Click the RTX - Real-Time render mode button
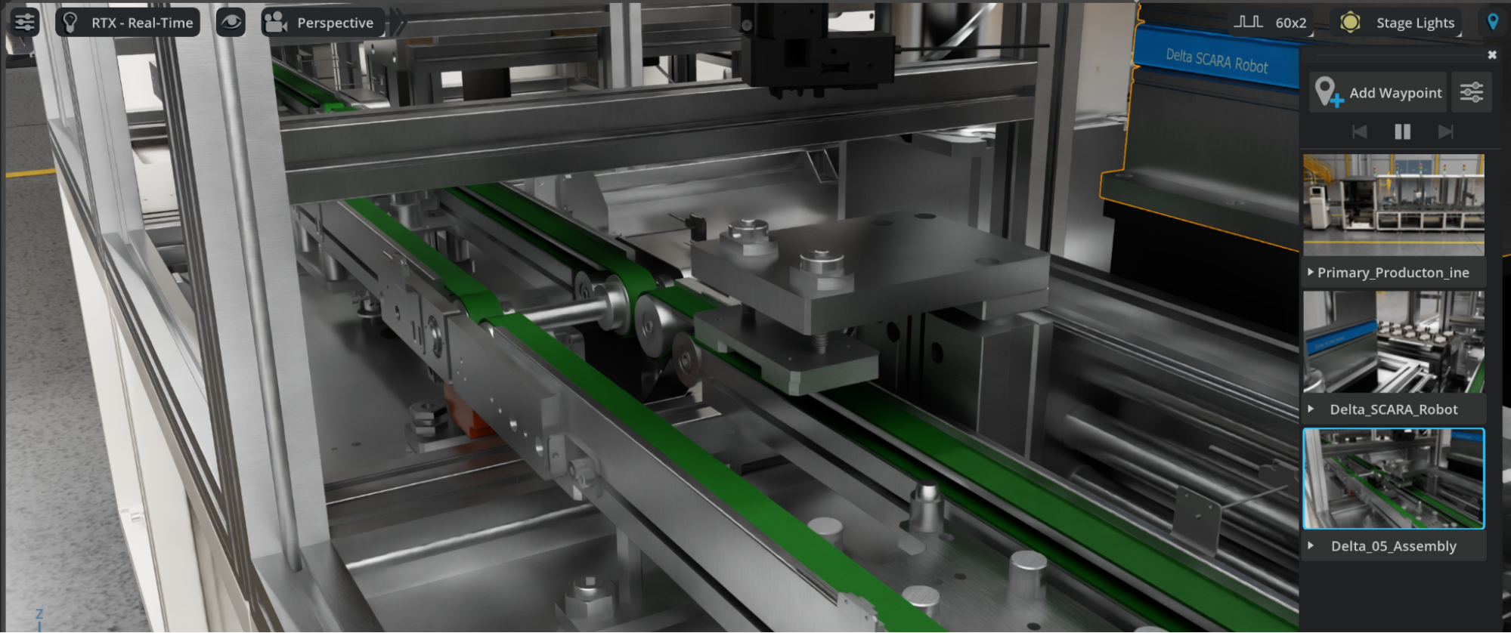tap(128, 23)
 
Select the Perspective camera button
tap(323, 23)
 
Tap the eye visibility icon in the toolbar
tap(231, 23)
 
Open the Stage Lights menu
tap(1398, 23)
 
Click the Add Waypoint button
tap(1378, 92)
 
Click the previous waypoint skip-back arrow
tap(1359, 132)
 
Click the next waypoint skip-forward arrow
tap(1445, 132)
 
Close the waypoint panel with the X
tap(1492, 54)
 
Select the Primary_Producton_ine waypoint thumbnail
tap(1394, 205)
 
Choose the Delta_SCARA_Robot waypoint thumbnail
tap(1394, 341)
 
